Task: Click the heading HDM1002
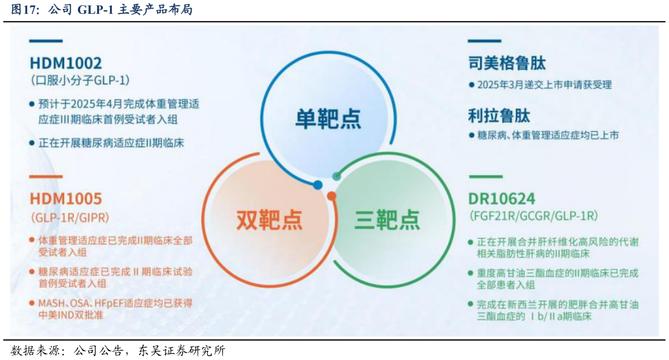point(65,63)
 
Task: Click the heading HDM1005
point(65,199)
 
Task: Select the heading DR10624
point(501,198)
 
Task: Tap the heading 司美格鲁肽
point(506,63)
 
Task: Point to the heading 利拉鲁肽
point(499,116)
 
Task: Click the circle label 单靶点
point(328,119)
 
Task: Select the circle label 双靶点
point(269,219)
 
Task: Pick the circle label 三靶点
point(387,219)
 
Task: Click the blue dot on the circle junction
point(318,185)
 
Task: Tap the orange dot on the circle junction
point(332,196)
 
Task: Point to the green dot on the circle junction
point(337,176)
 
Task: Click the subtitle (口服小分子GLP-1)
point(79,80)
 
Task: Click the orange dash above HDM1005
point(46,177)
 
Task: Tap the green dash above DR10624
point(485,177)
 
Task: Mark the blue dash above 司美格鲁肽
point(485,41)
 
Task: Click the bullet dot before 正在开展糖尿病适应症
point(32,143)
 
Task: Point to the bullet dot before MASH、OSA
point(32,303)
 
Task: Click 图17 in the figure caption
point(24,10)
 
